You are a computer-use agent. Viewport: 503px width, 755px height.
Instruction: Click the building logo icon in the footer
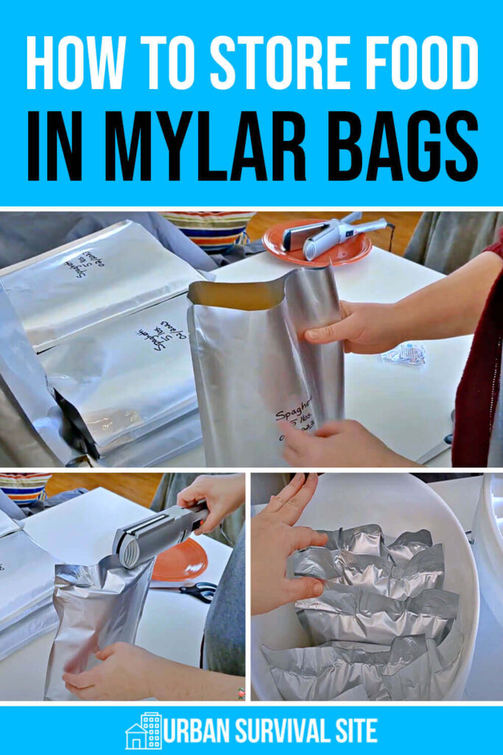(143, 731)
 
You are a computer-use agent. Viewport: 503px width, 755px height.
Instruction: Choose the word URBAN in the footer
(197, 731)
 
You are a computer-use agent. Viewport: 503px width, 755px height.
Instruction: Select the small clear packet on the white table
(404, 354)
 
